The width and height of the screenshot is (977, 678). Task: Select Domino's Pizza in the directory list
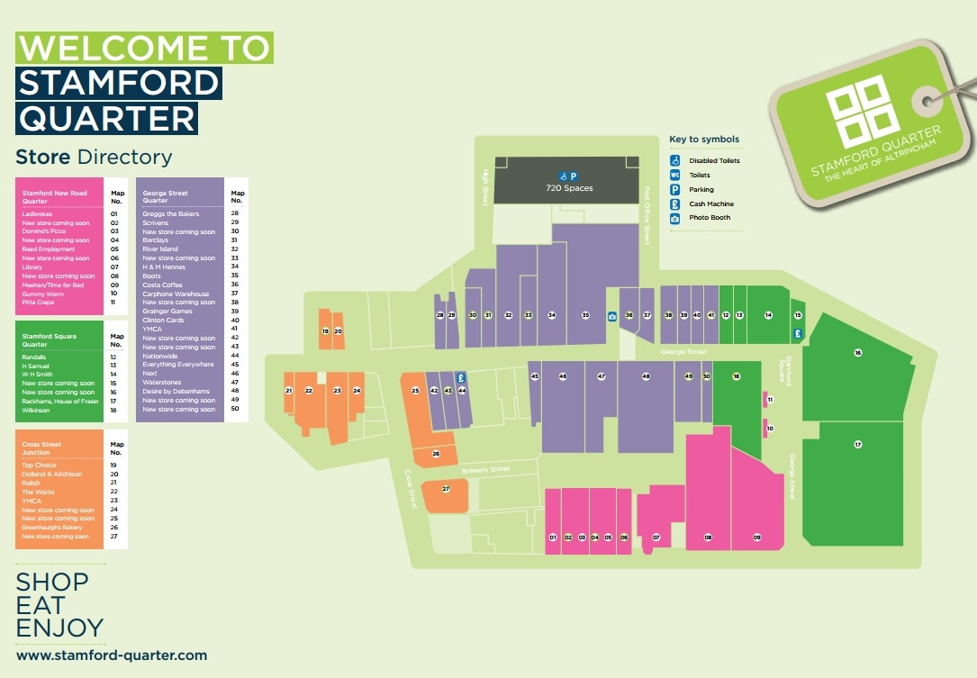[x=44, y=231]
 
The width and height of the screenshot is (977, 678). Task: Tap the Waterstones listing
[x=162, y=383]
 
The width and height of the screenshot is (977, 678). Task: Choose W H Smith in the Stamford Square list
[x=38, y=374]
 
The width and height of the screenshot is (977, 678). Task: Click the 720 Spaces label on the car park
[x=569, y=188]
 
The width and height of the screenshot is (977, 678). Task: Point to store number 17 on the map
[x=858, y=445]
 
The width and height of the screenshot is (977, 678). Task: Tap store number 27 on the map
[x=445, y=489]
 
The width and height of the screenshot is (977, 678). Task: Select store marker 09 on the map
[x=757, y=538]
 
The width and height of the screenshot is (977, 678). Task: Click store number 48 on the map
[x=646, y=376]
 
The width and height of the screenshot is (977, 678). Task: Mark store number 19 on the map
[x=325, y=331]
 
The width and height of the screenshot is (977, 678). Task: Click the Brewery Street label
[x=486, y=470]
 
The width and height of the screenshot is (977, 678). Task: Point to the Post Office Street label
[x=647, y=215]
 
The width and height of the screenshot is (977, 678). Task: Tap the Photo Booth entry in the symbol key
[x=710, y=218]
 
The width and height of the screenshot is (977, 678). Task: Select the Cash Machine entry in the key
[x=711, y=204]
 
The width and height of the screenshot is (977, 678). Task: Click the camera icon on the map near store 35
[x=611, y=316]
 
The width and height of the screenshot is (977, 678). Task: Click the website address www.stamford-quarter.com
[x=112, y=655]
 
